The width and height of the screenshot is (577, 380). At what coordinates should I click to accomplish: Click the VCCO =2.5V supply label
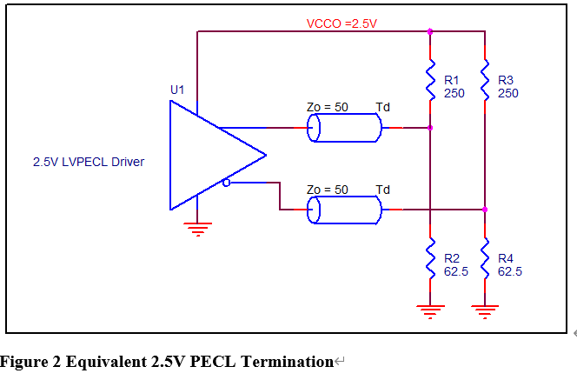coord(342,23)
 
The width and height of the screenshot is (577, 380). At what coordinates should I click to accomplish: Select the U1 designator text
coord(177,90)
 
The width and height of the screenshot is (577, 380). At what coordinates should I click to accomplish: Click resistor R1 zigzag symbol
coord(430,79)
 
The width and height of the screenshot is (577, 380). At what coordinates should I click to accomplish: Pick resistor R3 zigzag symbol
coord(485,79)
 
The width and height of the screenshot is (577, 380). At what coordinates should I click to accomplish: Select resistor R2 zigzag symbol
coord(430,258)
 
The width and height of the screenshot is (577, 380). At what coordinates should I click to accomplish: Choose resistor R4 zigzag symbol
coord(485,258)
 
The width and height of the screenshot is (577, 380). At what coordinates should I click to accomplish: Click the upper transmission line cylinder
coord(344,128)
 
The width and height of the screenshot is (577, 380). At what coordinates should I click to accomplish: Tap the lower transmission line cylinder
coord(344,210)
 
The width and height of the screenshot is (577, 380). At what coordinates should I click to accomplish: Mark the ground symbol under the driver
coord(198,230)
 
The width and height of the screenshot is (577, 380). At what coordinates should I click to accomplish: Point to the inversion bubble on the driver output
coord(227,183)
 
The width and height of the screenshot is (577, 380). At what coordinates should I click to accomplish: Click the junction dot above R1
coord(430,31)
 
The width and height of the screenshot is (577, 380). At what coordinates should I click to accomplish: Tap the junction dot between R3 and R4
coord(485,210)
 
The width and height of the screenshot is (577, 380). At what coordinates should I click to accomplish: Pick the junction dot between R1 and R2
coord(430,128)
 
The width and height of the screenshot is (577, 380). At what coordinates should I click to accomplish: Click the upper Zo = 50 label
coord(328,107)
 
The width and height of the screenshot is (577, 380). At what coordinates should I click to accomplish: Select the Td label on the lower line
coord(382,190)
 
